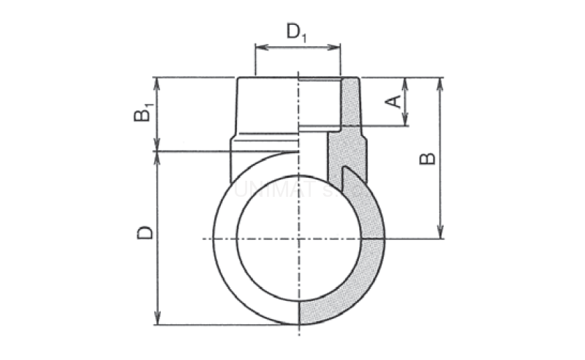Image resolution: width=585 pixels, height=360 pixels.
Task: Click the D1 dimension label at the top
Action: pyautogui.click(x=296, y=32)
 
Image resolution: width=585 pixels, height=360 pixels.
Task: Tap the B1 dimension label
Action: pyautogui.click(x=144, y=114)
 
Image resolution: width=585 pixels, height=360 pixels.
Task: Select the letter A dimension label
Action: pyautogui.click(x=393, y=101)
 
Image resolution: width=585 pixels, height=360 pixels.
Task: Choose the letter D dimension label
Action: pyautogui.click(x=146, y=233)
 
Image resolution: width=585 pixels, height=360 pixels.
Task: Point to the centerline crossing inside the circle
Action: pyautogui.click(x=298, y=239)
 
